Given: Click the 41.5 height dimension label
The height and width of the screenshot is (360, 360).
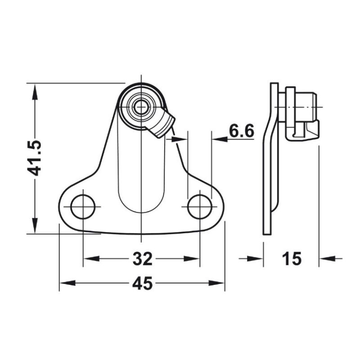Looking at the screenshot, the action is tap(35, 158).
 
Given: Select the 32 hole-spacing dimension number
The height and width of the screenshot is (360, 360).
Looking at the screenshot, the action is tap(142, 258).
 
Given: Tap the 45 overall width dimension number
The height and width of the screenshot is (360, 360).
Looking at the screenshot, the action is tap(142, 283).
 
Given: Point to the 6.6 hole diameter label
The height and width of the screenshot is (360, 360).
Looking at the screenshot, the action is tap(242, 131).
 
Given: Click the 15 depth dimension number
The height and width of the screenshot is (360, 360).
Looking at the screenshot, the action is tap(292, 258).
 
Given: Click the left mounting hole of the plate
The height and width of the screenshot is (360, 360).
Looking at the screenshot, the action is tap(83, 207).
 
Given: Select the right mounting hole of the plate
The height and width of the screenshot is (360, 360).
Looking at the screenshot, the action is tap(200, 207).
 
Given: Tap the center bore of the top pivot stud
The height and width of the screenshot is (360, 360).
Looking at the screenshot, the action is tap(141, 107).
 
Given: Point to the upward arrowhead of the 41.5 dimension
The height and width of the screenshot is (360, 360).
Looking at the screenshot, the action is tap(35, 91).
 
